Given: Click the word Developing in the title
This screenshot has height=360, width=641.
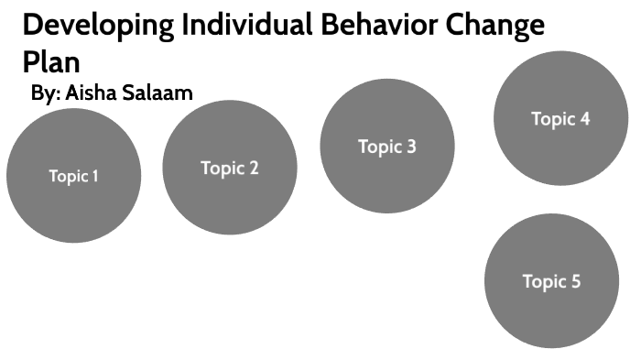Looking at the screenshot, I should point(93,26).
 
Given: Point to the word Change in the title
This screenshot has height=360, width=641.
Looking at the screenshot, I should point(494,25).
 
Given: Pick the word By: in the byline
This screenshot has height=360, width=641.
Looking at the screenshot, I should point(45,93).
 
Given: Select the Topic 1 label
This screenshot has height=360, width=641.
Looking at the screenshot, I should point(73,177).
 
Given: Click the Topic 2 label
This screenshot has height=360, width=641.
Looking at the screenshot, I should point(230,168).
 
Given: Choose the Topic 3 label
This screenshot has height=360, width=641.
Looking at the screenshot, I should point(386,147).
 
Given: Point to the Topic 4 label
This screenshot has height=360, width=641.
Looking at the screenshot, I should point(560,118).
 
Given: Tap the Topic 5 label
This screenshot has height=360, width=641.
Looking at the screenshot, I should point(551,281).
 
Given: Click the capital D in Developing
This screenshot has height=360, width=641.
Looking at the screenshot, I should point(32,25).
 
